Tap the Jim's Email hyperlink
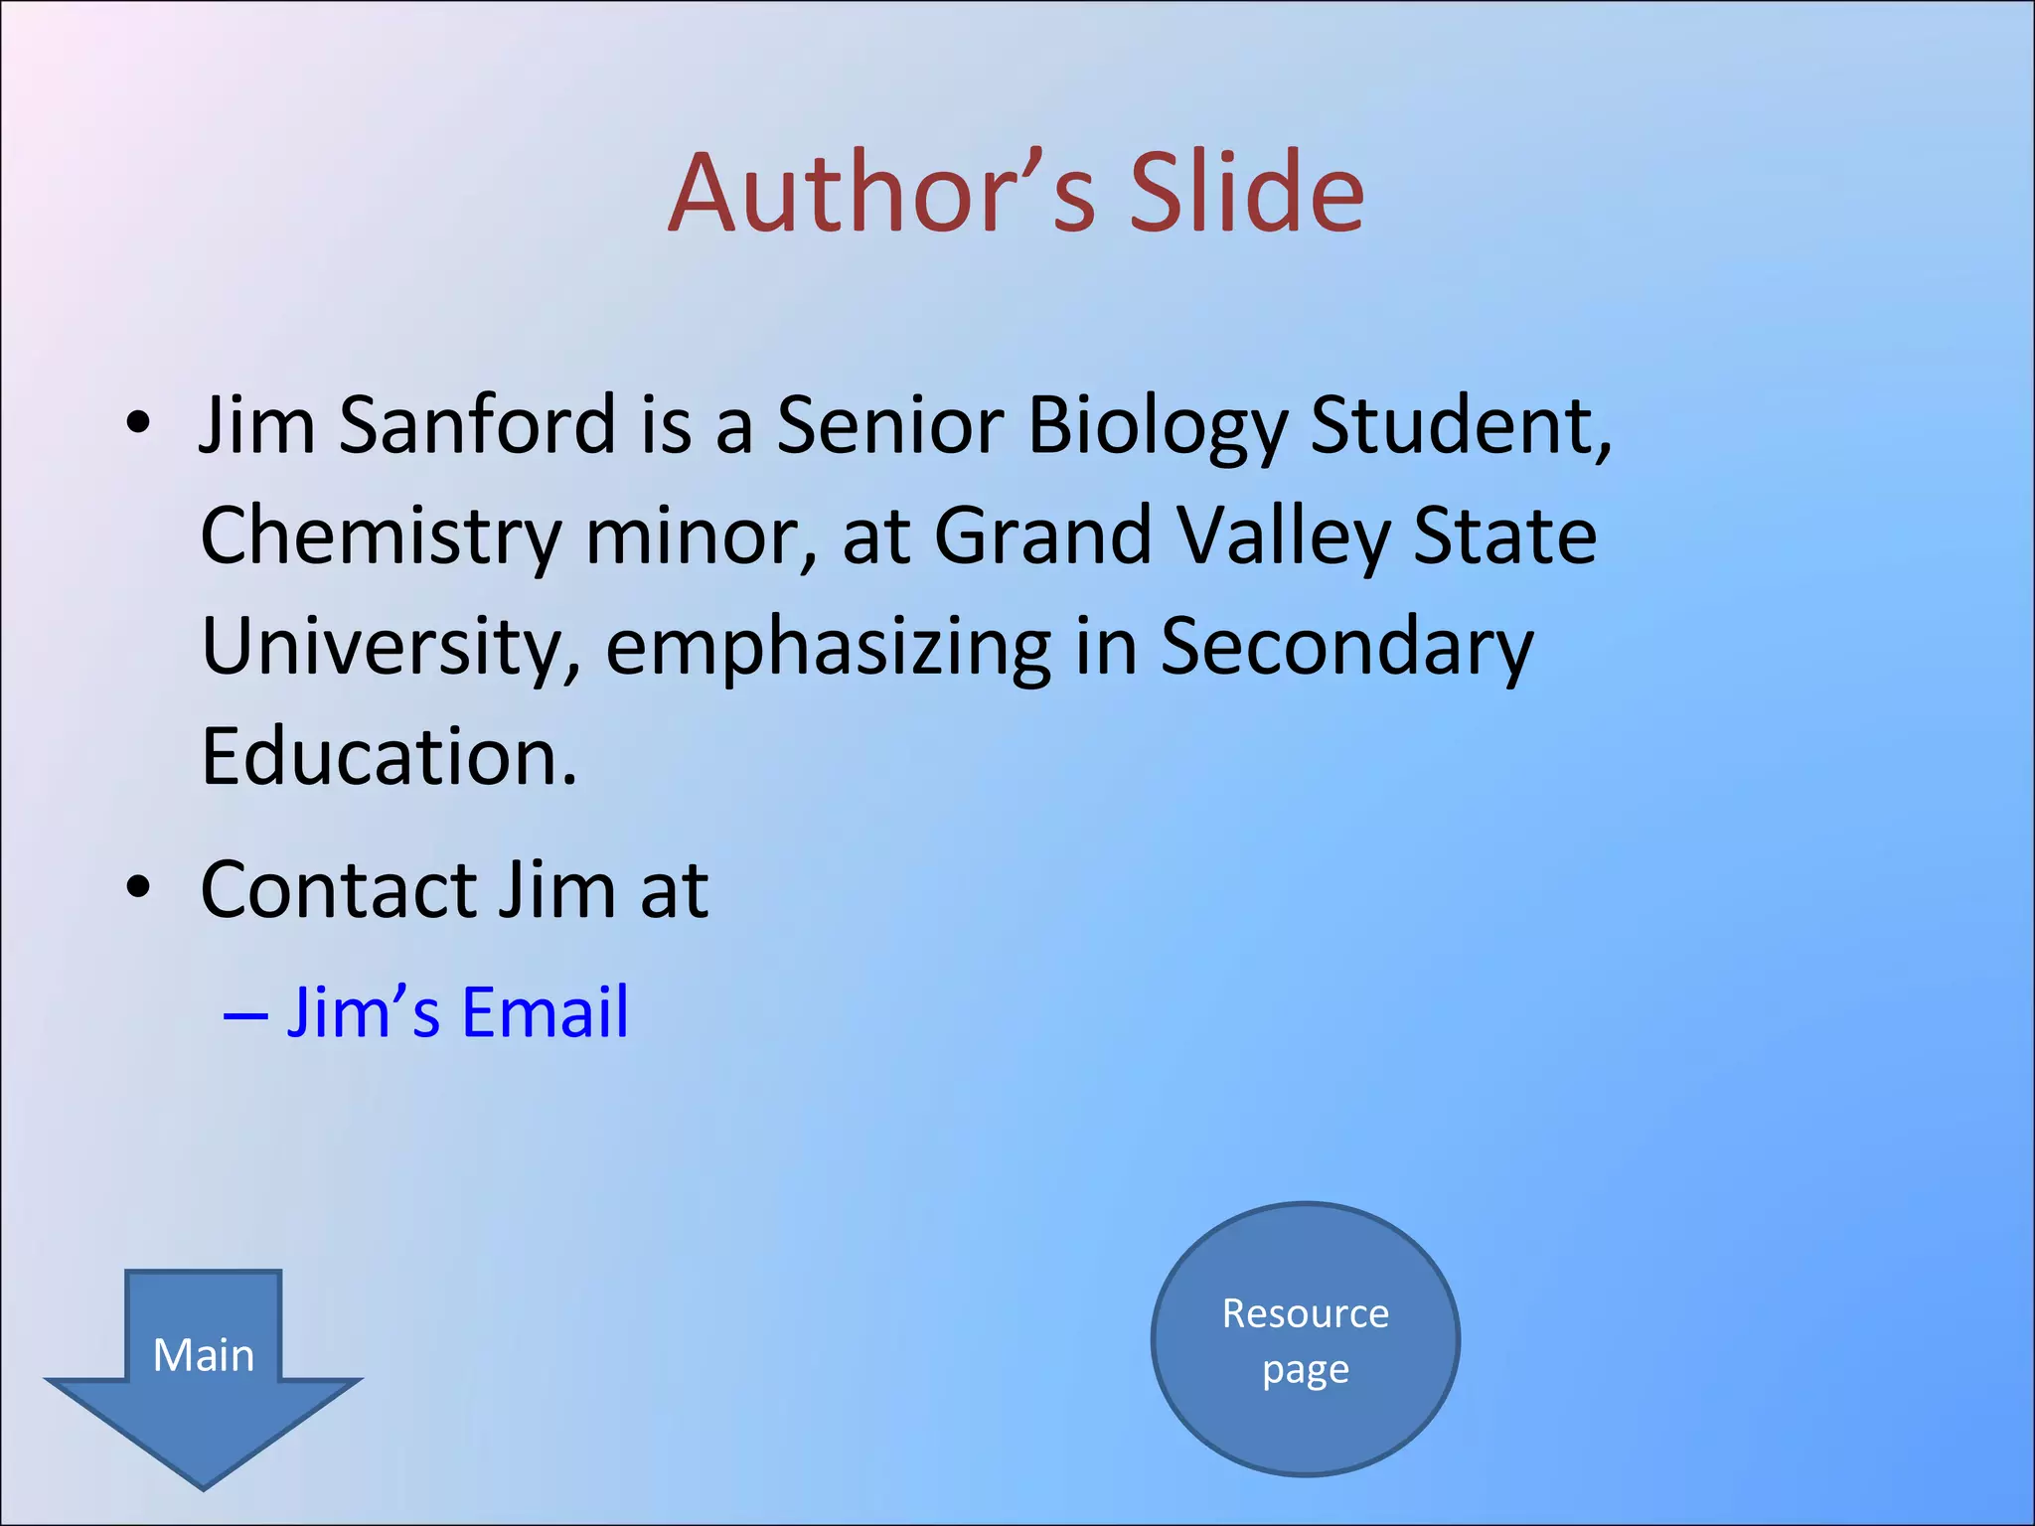click(458, 1012)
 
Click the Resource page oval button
click(1305, 1339)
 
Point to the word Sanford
click(477, 425)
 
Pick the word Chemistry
click(381, 537)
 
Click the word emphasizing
click(828, 648)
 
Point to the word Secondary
click(1346, 648)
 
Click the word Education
click(389, 757)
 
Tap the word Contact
click(339, 889)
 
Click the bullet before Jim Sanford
click(138, 424)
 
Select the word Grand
click(1042, 537)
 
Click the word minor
click(702, 537)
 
